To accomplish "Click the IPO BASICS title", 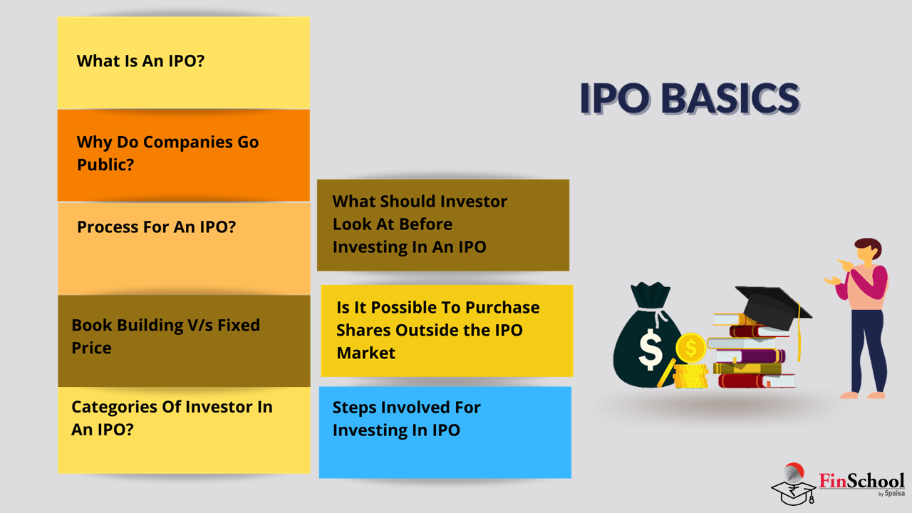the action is (x=690, y=98).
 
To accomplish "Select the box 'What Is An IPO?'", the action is (x=184, y=63).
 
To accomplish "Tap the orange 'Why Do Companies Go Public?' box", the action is (x=184, y=155).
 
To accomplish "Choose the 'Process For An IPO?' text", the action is (x=156, y=227).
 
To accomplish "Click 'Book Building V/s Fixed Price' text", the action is (x=166, y=336).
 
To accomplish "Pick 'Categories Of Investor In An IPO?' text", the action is (x=172, y=418).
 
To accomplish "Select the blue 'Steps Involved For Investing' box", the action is (x=445, y=432).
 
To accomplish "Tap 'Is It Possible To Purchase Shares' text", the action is (x=438, y=330).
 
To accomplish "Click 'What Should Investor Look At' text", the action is (x=420, y=224).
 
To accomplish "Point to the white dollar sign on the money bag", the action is (x=651, y=349).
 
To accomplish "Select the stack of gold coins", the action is (x=690, y=376).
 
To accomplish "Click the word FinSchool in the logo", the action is (x=861, y=481).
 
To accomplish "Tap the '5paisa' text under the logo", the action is (x=894, y=494).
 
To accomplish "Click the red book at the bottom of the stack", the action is (x=757, y=381).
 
